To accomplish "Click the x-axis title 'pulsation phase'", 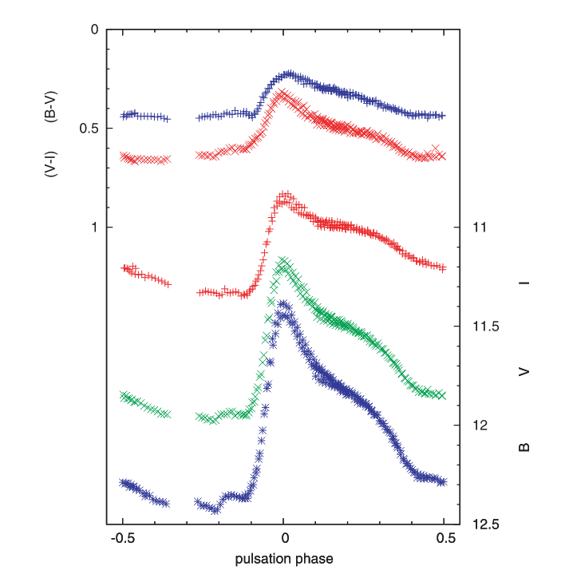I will pyautogui.click(x=283, y=559).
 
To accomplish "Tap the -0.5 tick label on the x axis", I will pyautogui.click(x=122, y=539).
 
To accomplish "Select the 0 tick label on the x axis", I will pyautogui.click(x=283, y=539).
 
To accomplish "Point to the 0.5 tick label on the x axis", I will pyautogui.click(x=445, y=539).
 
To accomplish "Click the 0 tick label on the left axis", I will pyautogui.click(x=94, y=30).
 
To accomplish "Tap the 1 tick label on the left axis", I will pyautogui.click(x=94, y=228).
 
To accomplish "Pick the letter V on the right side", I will pyautogui.click(x=525, y=371).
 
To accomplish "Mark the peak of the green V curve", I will pyautogui.click(x=282, y=260).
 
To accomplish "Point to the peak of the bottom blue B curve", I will pyautogui.click(x=283, y=303).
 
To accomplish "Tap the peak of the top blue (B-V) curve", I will pyautogui.click(x=290, y=73).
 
